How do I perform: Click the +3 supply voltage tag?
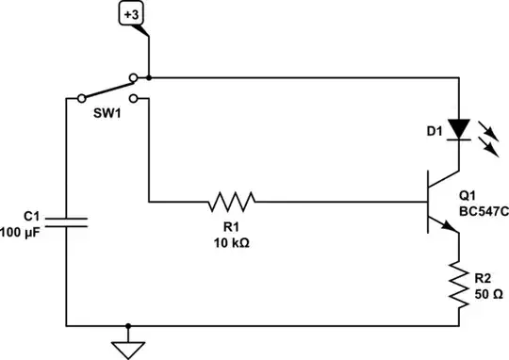(131, 16)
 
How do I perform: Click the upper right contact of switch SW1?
(133, 77)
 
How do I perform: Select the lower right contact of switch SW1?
(133, 97)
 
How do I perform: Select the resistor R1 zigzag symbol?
(231, 201)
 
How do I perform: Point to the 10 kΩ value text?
(231, 241)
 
